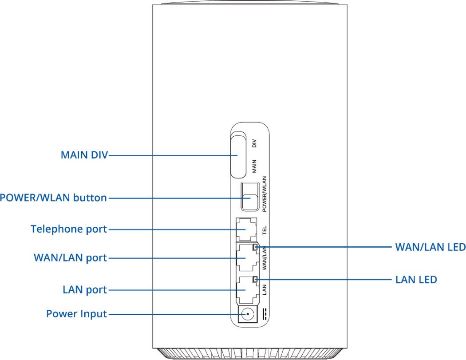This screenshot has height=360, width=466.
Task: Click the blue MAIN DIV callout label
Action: coord(84,156)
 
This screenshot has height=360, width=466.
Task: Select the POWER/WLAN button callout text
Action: coord(53,198)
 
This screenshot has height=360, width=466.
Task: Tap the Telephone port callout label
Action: coord(69,229)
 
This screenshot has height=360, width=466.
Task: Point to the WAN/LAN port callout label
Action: coord(70,258)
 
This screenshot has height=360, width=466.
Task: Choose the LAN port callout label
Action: coord(85,290)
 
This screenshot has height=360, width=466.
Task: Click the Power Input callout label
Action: coord(76,314)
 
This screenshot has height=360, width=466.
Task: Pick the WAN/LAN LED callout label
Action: coord(430,247)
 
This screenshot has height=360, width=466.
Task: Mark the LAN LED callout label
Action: coord(416,280)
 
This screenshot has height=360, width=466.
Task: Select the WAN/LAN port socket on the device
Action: coord(245,258)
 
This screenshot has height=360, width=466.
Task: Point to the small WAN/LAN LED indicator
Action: coord(255,247)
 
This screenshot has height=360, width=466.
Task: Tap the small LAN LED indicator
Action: coord(255,280)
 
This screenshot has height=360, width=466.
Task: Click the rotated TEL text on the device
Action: coord(264,229)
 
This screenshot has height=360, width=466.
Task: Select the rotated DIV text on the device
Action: coord(254,144)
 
